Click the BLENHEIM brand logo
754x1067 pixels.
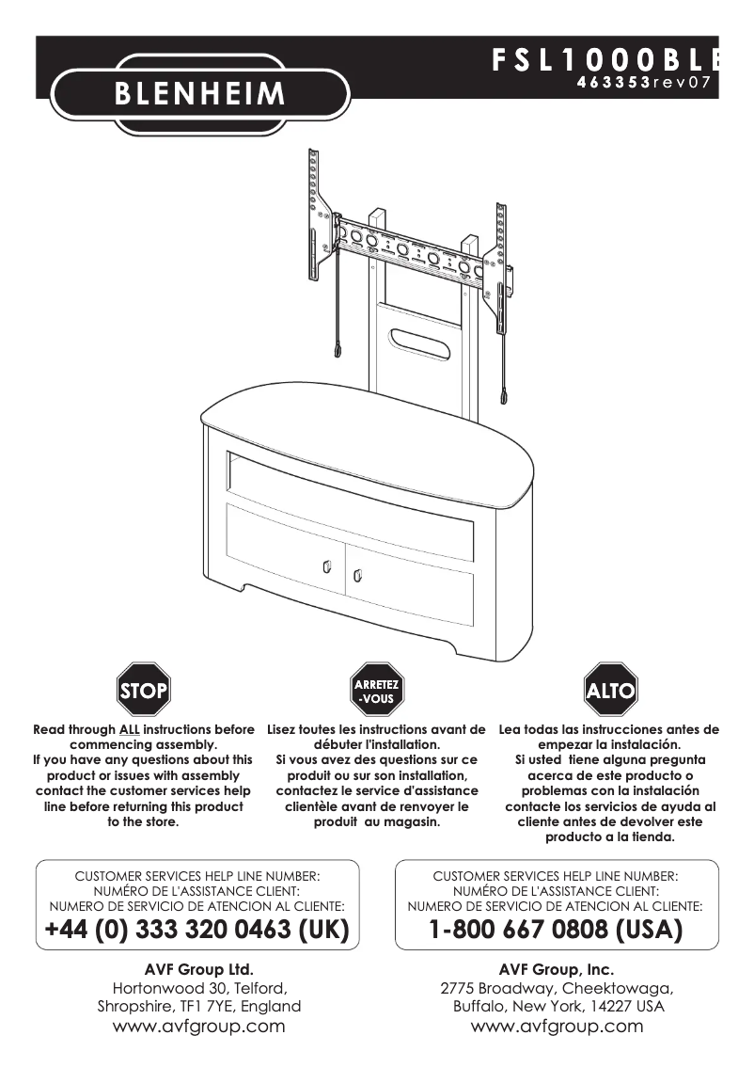pyautogui.click(x=199, y=93)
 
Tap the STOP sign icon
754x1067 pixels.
pyautogui.click(x=143, y=692)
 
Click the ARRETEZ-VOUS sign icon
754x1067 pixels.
pyautogui.click(x=377, y=692)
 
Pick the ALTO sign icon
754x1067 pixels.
pyautogui.click(x=610, y=692)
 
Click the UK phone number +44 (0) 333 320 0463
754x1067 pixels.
pyautogui.click(x=197, y=931)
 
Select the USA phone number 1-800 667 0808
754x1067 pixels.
pyautogui.click(x=556, y=931)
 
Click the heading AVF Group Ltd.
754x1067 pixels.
pyautogui.click(x=199, y=968)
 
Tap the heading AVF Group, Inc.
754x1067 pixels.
pyautogui.click(x=557, y=968)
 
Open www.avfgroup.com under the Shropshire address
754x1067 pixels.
pyautogui.click(x=199, y=1027)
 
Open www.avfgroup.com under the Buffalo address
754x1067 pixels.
pyautogui.click(x=557, y=1027)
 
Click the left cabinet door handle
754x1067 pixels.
pyautogui.click(x=325, y=566)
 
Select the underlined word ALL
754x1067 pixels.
pyautogui.click(x=129, y=729)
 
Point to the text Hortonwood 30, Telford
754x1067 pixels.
pyautogui.click(x=199, y=988)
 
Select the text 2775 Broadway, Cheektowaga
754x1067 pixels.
pyautogui.click(x=557, y=988)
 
